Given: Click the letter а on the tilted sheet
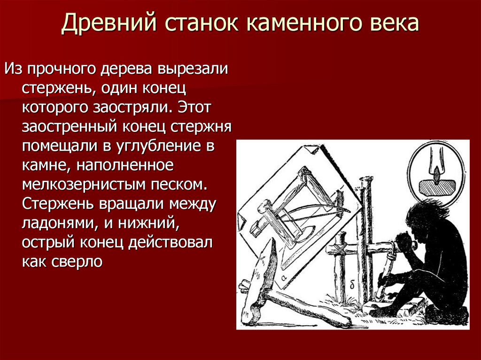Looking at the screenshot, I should point(284,277).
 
